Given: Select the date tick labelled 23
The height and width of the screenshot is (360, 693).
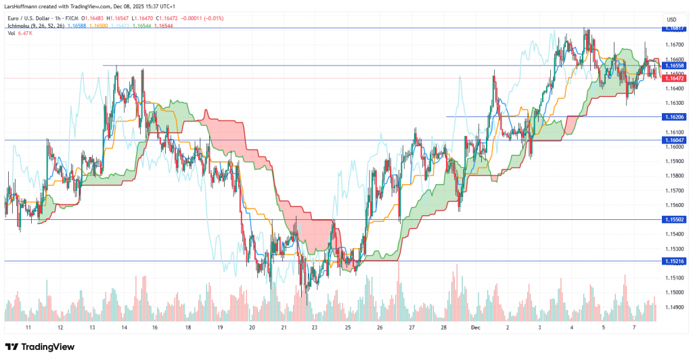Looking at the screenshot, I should tap(315, 327).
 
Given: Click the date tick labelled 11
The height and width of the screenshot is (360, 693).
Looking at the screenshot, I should tap(28, 327).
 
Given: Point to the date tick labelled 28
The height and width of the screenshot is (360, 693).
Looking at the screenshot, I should tap(443, 327).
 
